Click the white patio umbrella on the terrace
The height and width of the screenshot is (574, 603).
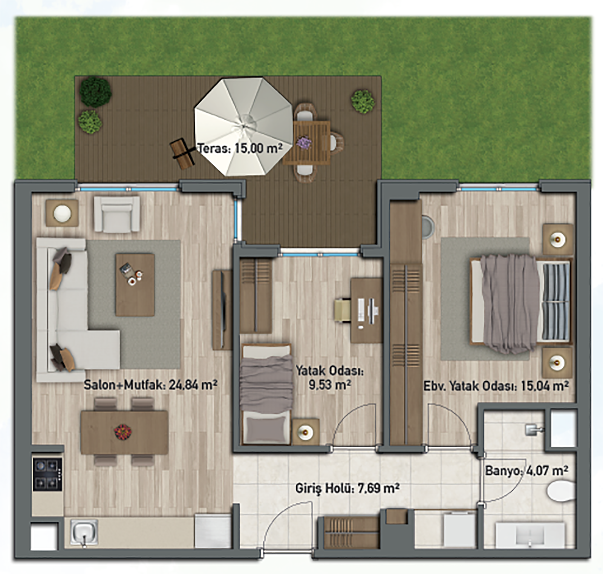243,126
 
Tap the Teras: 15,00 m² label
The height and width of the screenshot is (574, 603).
240,148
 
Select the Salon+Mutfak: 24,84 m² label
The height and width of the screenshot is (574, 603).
150,385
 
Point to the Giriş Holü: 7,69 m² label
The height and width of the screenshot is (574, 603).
347,488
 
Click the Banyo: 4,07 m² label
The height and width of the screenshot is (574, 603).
526,471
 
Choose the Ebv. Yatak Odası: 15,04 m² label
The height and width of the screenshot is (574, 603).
496,386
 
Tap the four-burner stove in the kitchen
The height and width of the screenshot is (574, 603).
47,474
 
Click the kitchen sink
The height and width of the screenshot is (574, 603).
84,532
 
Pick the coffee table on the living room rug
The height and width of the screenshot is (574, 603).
135,285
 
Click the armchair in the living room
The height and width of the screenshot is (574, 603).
117,214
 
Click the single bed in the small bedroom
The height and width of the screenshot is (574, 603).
266,393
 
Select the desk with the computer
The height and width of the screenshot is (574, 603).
366,310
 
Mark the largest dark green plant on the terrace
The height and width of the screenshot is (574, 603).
96,92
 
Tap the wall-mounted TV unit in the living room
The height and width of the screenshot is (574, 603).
222,310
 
